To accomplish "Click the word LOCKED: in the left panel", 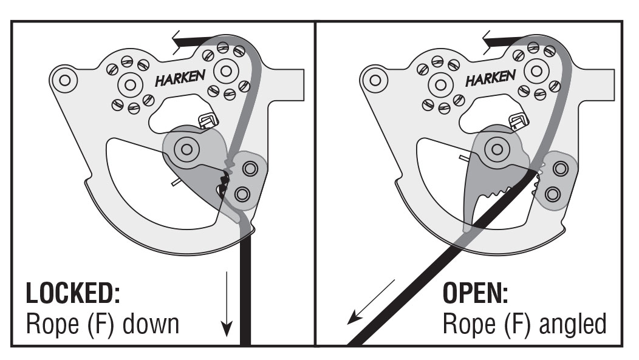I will [72, 294].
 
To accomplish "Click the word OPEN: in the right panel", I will [475, 294].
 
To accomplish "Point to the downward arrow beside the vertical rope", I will [226, 304].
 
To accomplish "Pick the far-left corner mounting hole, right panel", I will [375, 79].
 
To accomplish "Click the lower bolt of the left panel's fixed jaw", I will [242, 194].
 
